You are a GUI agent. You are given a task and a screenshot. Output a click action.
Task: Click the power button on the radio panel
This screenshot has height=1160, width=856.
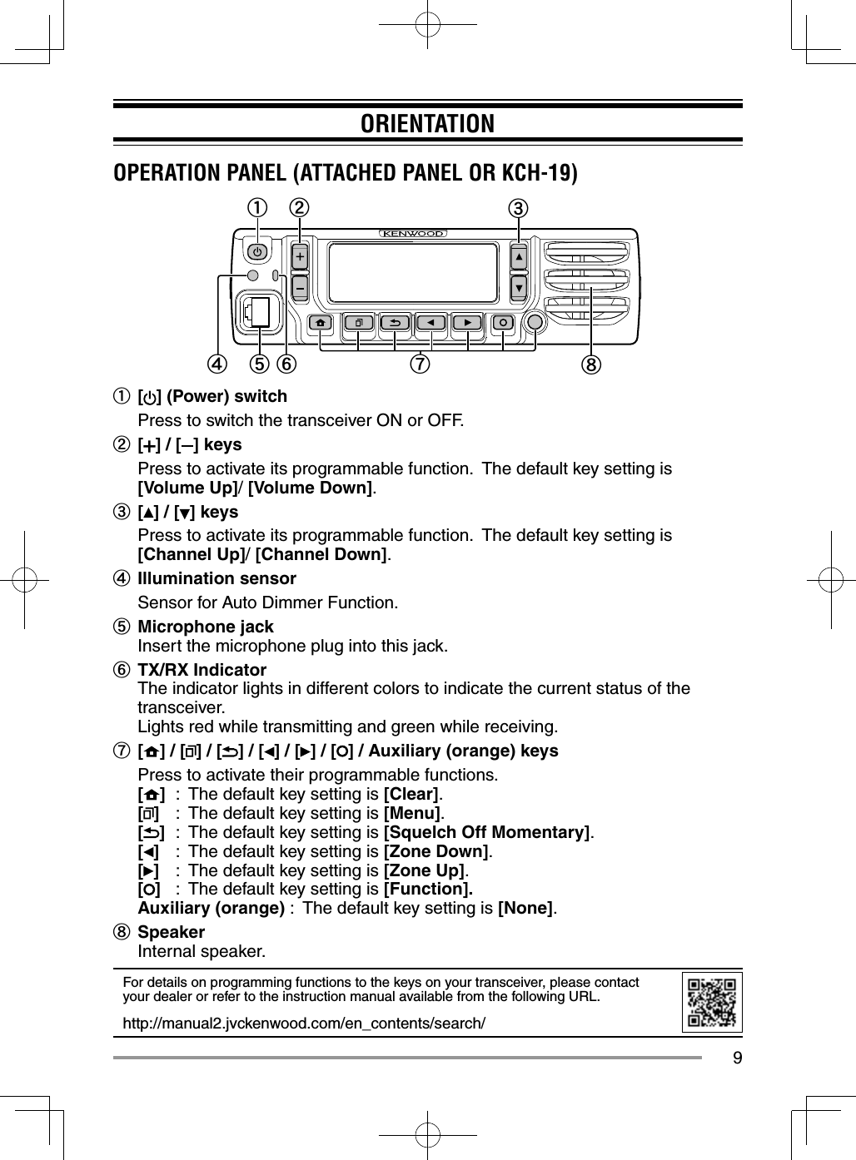tap(258, 251)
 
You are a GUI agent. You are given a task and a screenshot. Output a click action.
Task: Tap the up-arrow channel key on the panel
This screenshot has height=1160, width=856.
tap(519, 258)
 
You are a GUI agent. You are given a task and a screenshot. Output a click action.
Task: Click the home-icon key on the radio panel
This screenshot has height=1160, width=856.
tap(321, 323)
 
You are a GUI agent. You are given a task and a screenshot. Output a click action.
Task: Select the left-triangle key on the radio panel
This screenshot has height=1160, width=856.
tap(430, 323)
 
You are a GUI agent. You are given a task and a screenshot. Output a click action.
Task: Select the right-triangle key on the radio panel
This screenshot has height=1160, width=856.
tap(467, 323)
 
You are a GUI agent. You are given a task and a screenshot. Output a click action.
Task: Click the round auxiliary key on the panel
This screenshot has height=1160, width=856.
tap(535, 323)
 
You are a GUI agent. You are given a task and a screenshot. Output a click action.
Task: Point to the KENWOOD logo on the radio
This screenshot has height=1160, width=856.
tap(414, 234)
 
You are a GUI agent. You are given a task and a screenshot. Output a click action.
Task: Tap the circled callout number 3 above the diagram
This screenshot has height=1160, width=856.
tap(519, 208)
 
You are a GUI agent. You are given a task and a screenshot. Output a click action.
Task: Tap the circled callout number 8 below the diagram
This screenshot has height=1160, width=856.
tap(592, 364)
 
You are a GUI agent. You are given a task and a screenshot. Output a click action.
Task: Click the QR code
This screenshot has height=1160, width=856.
tap(712, 1003)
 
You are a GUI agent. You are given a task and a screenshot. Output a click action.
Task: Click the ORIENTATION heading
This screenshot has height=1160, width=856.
tap(427, 124)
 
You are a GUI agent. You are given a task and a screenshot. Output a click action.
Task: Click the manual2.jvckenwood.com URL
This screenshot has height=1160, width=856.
tap(304, 1023)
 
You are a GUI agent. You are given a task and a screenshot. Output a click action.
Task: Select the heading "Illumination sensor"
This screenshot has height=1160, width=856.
tap(216, 578)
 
